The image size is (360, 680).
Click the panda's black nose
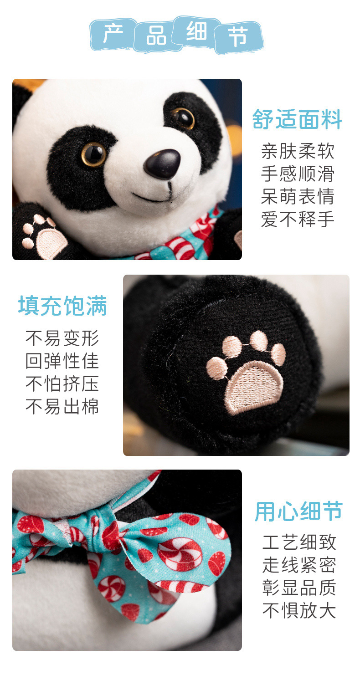162,164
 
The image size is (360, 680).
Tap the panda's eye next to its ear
183,118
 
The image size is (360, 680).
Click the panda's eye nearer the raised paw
93,154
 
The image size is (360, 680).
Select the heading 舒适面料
297,119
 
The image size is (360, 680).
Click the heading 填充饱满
62,306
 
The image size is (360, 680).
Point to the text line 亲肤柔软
298,151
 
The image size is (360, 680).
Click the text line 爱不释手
298,219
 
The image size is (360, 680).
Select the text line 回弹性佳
62,361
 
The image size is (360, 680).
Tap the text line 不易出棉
62,406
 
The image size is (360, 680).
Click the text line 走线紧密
299,565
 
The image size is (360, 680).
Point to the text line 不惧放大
299,610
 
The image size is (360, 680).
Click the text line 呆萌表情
298,196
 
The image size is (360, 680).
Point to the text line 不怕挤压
62,383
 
